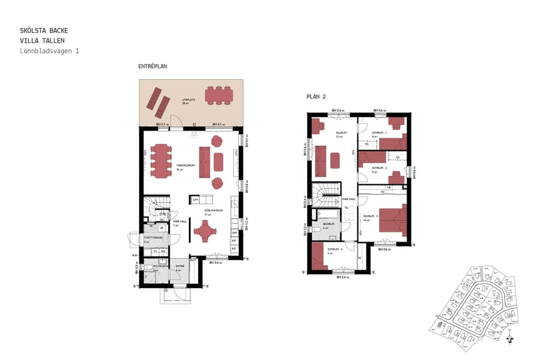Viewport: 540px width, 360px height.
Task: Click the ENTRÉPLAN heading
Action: (x=152, y=66)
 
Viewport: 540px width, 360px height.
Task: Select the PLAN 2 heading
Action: (x=316, y=96)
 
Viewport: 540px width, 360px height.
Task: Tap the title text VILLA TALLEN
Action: (x=42, y=40)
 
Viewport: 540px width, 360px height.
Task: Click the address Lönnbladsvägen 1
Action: (x=49, y=51)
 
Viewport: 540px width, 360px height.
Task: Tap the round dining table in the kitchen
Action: (x=205, y=231)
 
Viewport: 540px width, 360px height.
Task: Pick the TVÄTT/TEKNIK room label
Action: (x=153, y=238)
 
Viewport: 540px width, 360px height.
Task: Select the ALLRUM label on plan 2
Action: (x=326, y=134)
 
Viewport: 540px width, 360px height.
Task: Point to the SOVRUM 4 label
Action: (x=335, y=249)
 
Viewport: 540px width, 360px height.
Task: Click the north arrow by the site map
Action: (x=509, y=339)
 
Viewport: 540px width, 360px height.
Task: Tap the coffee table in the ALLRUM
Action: (x=334, y=160)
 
